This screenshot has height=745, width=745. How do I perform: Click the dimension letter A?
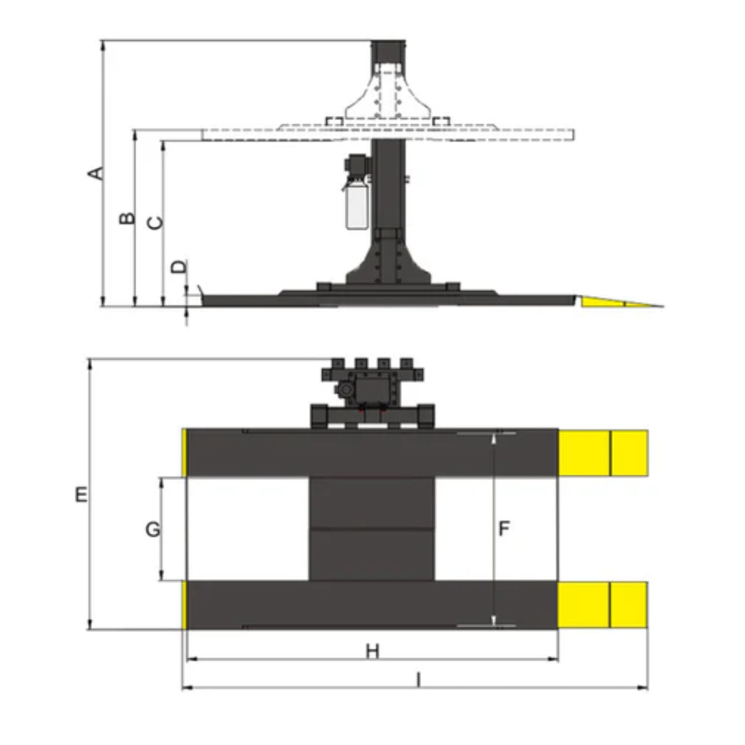pyautogui.click(x=96, y=173)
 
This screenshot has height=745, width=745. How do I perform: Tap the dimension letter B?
pyautogui.click(x=127, y=218)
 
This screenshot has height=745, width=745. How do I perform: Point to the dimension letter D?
pyautogui.click(x=179, y=267)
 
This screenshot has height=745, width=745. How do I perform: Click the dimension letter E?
pyautogui.click(x=81, y=495)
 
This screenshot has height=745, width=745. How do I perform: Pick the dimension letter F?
pyautogui.click(x=504, y=528)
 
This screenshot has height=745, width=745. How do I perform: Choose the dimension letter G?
pyautogui.click(x=153, y=529)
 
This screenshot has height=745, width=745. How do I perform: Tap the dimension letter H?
pyautogui.click(x=373, y=652)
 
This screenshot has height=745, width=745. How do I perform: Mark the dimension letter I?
pyautogui.click(x=418, y=680)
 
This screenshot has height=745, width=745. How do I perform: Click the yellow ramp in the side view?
pyautogui.click(x=619, y=301)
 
